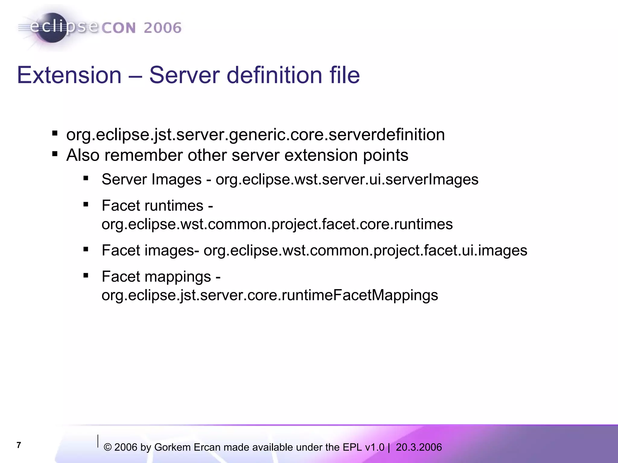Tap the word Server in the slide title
184,75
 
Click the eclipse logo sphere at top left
52,28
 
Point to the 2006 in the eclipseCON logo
162,28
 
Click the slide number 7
19,445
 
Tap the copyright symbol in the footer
107,448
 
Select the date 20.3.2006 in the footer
419,447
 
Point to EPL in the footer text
352,447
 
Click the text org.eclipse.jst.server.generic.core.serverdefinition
255,135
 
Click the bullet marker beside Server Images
86,178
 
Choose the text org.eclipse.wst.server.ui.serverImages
347,180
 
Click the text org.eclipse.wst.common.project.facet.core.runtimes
277,224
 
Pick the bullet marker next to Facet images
86,249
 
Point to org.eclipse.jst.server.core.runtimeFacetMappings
270,295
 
